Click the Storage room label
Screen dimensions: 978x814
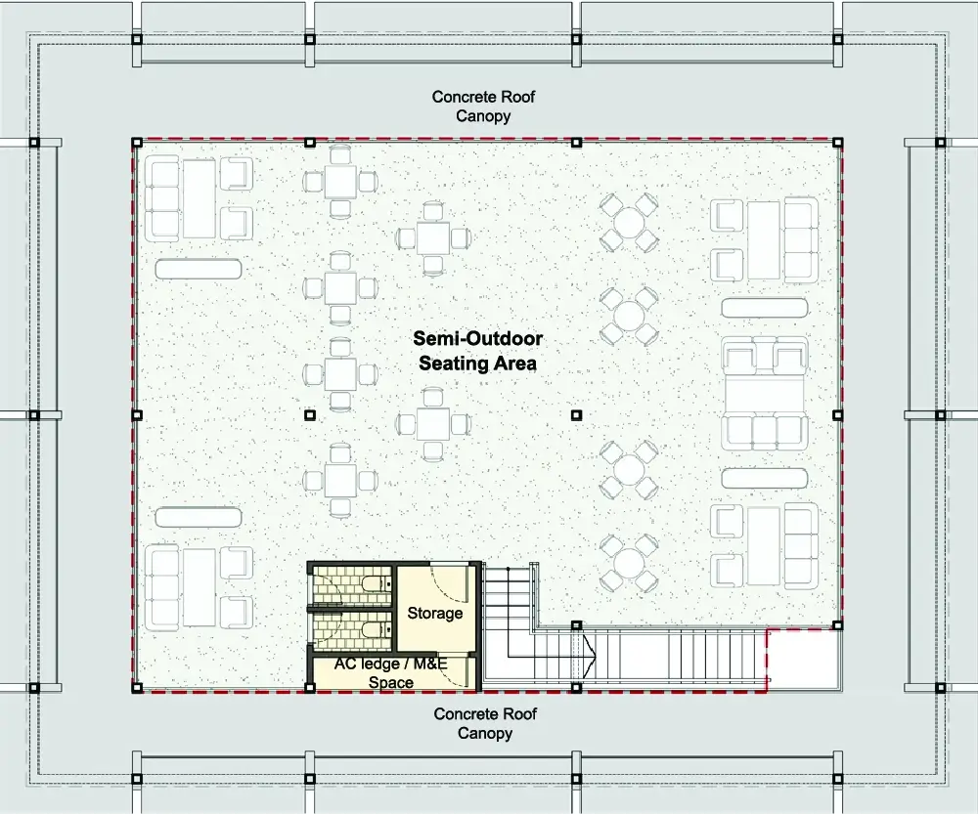(435, 614)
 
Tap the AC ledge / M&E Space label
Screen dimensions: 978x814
(391, 672)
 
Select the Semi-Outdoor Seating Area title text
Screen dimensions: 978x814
(478, 350)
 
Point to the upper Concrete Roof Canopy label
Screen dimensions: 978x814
(483, 106)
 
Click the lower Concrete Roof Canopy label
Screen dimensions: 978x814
(485, 723)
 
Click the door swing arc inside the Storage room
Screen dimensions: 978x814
(448, 584)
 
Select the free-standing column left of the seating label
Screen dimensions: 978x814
(309, 414)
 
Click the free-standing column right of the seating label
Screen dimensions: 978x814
(576, 414)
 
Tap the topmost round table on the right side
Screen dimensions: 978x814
(629, 222)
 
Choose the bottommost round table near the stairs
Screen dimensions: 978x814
(629, 563)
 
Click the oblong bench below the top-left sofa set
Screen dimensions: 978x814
(199, 270)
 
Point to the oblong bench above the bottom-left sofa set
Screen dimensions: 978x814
(199, 517)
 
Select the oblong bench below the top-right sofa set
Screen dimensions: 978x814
(765, 308)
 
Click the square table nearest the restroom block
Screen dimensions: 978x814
(340, 481)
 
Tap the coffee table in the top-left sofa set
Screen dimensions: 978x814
(199, 198)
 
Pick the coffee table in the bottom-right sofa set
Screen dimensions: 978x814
(764, 546)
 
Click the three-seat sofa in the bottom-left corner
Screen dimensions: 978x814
(162, 587)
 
